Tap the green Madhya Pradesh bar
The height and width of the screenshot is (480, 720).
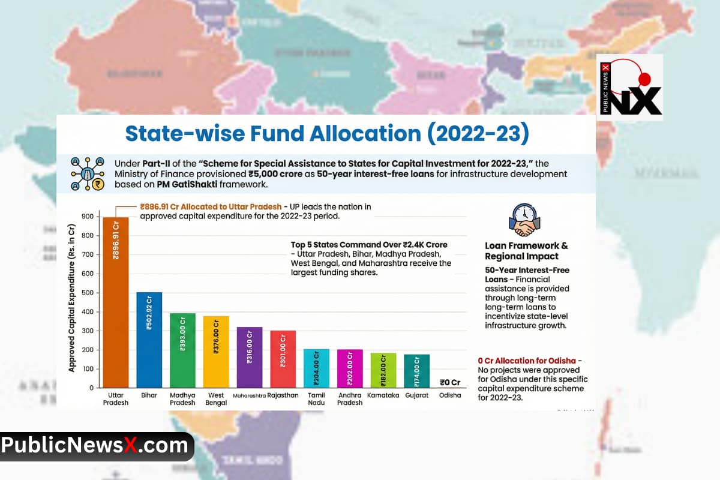tap(182, 350)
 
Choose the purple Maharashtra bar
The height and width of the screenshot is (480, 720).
tap(250, 357)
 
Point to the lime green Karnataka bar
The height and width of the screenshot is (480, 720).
tap(383, 370)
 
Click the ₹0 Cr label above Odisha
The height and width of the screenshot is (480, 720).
tap(450, 382)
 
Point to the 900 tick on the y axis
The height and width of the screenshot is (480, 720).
tap(88, 217)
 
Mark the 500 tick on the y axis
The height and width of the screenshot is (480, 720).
tap(88, 293)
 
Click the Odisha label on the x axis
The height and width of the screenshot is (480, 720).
tap(450, 395)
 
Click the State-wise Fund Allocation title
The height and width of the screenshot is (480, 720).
tap(327, 134)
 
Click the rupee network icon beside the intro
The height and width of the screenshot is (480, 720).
tap(88, 173)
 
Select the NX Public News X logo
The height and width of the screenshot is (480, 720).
tap(629, 88)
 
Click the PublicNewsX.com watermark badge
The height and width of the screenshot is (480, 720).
tap(96, 446)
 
